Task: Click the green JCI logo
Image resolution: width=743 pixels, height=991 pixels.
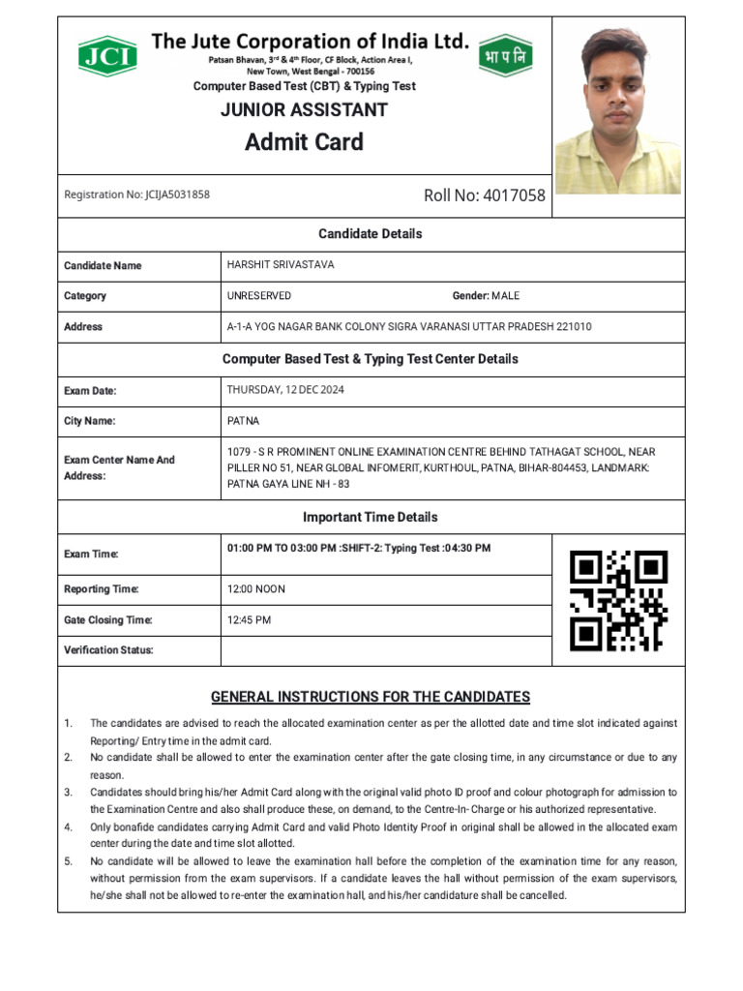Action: click(x=107, y=55)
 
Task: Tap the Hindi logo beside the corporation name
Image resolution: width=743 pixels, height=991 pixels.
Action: click(x=505, y=55)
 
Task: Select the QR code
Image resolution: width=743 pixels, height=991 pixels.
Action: click(x=618, y=600)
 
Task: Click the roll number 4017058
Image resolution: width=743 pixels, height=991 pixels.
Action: click(x=484, y=195)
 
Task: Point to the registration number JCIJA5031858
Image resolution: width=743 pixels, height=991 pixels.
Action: click(x=136, y=195)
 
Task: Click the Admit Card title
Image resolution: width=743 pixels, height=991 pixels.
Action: click(x=304, y=142)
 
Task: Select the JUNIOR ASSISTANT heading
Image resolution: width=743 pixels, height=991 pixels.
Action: click(x=304, y=109)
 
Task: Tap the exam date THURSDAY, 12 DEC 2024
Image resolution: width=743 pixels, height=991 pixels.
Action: click(x=285, y=390)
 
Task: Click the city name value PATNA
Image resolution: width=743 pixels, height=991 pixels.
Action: click(x=243, y=421)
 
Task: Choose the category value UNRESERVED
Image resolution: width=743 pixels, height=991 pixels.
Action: click(x=258, y=296)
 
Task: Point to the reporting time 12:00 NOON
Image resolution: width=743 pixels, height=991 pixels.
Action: click(x=255, y=589)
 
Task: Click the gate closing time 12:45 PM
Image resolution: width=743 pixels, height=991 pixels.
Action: click(x=249, y=619)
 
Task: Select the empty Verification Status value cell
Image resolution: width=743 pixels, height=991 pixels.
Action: click(x=385, y=650)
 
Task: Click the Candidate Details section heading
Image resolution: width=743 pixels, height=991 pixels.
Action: click(x=371, y=234)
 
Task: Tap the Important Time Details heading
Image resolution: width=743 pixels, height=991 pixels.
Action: click(x=371, y=517)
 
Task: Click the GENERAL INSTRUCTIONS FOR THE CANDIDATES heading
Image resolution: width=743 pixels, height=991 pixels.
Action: click(x=371, y=697)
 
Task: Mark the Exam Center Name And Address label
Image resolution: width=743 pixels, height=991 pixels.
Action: click(x=119, y=468)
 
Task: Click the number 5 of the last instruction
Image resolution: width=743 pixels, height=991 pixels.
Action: click(x=68, y=861)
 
